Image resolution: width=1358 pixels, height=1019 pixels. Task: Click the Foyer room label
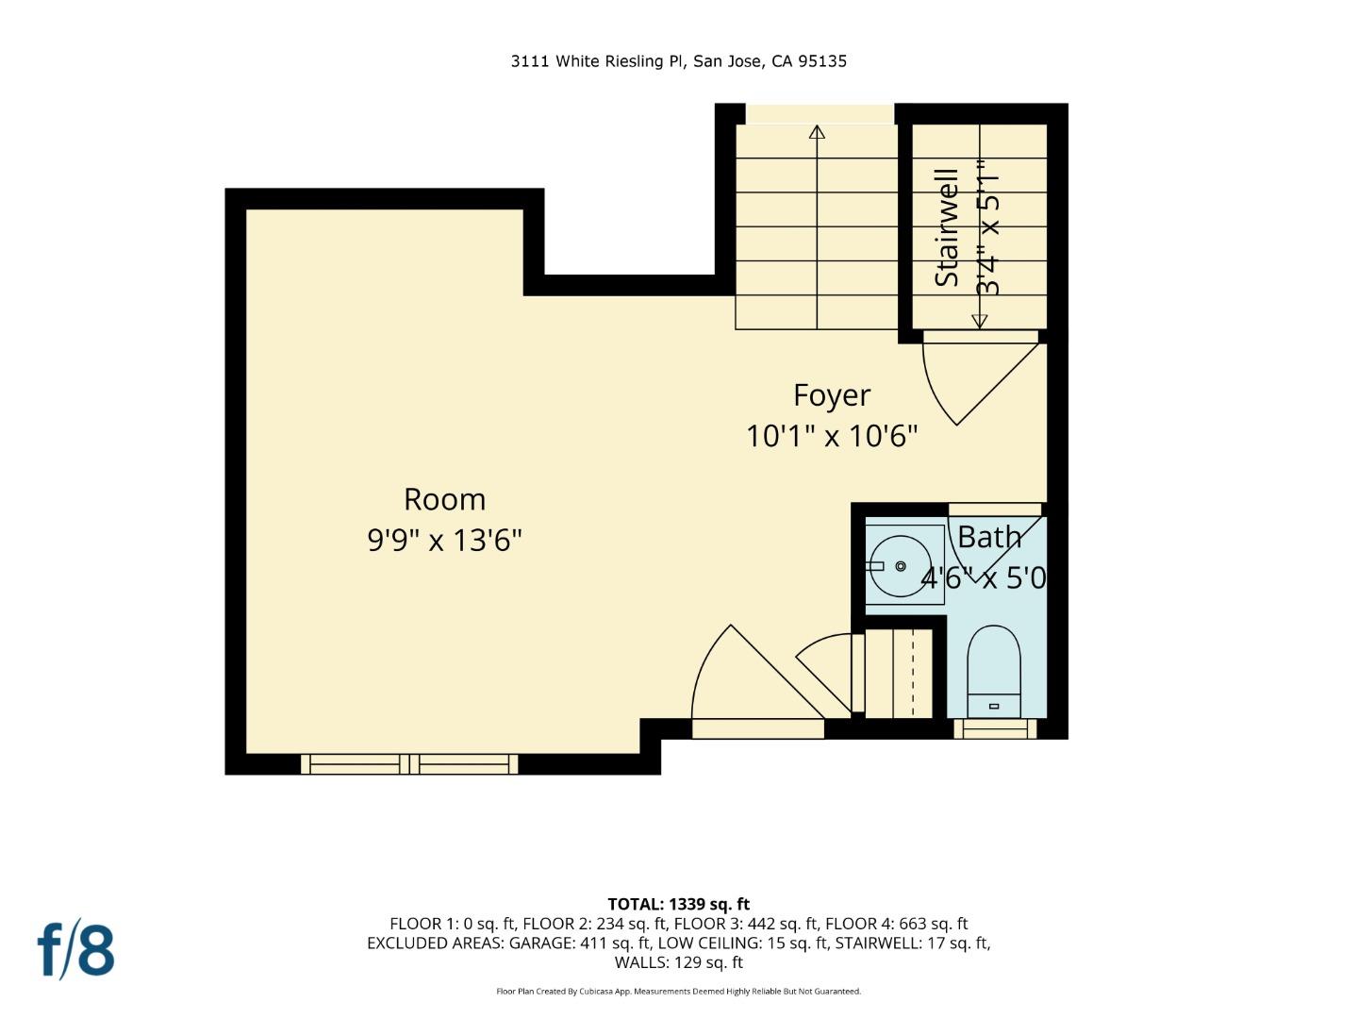tap(831, 395)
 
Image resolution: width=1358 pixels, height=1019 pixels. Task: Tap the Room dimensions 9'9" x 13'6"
tap(444, 541)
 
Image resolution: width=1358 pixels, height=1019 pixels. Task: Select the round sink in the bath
tap(901, 566)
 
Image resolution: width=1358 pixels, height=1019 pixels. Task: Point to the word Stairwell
tap(947, 227)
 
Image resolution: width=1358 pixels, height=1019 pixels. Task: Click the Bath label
tap(989, 537)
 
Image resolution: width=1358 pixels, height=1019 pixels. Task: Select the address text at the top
tap(679, 61)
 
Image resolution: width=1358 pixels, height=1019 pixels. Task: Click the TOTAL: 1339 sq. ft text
tap(679, 904)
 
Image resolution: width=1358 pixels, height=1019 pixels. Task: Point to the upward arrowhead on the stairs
tap(817, 132)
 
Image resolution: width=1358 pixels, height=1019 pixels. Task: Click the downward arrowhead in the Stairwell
tap(979, 321)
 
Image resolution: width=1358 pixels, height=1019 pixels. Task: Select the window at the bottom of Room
tap(409, 763)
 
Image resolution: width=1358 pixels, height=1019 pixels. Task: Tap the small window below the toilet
tap(995, 728)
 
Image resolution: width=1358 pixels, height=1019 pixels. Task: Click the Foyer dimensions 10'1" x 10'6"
tap(831, 436)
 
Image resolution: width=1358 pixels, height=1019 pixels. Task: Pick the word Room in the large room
tap(444, 499)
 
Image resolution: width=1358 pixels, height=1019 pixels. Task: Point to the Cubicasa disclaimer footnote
tap(679, 992)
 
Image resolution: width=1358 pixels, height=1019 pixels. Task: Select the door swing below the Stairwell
tap(971, 382)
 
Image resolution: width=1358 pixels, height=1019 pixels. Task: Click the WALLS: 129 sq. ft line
tap(679, 962)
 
